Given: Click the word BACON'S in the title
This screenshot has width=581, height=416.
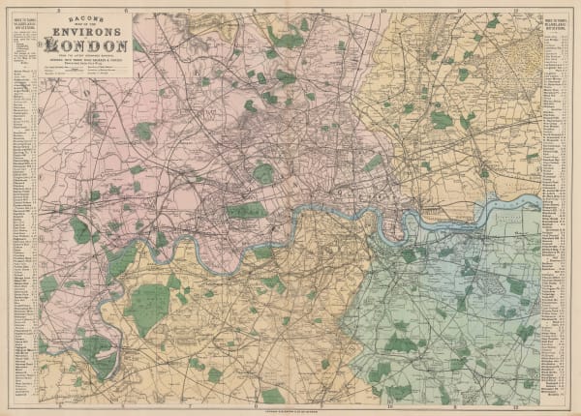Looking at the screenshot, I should click(85, 19).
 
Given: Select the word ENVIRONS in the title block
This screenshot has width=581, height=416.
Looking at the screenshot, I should click(85, 32).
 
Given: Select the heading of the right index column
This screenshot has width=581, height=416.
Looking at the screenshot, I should click(556, 28).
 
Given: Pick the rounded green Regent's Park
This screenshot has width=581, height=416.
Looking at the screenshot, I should click(262, 174).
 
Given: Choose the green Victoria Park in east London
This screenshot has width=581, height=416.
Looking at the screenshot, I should click(373, 163).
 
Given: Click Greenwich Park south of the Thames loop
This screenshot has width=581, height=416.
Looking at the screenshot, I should click(407, 254).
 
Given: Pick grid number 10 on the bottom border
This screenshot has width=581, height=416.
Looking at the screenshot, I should click(383, 405).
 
